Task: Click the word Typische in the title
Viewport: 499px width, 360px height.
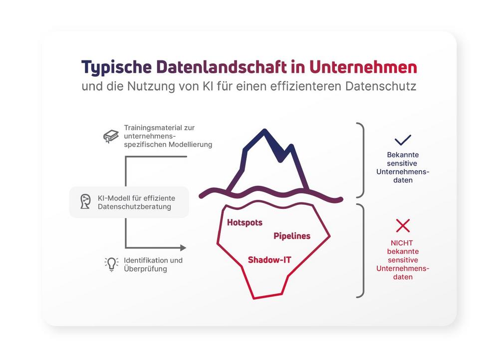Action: pos(116,68)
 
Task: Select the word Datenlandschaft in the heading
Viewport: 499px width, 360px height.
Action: pos(222,67)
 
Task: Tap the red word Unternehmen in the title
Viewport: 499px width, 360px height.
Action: pos(363,67)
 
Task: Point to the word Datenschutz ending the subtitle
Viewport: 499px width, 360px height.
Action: pos(381,86)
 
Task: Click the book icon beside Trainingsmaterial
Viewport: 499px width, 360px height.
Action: pos(111,136)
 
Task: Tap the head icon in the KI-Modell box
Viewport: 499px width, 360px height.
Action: pos(85,201)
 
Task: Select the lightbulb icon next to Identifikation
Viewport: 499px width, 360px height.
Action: pos(111,264)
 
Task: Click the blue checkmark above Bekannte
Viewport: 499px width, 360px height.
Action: pos(403,140)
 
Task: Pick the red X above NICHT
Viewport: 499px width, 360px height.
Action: pos(403,225)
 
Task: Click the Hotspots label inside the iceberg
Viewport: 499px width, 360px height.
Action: pos(245,222)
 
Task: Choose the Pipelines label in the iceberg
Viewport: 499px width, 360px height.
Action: pos(292,236)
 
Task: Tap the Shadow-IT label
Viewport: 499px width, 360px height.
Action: pos(269,260)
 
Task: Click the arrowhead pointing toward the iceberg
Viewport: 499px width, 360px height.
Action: pos(183,247)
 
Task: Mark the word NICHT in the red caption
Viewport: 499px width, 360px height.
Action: pos(402,243)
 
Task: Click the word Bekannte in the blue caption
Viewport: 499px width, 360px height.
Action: pos(403,155)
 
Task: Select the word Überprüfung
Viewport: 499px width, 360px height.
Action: pos(145,269)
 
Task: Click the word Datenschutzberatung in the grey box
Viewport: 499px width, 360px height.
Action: pos(134,207)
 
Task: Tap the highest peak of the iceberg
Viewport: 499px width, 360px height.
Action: pos(264,131)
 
